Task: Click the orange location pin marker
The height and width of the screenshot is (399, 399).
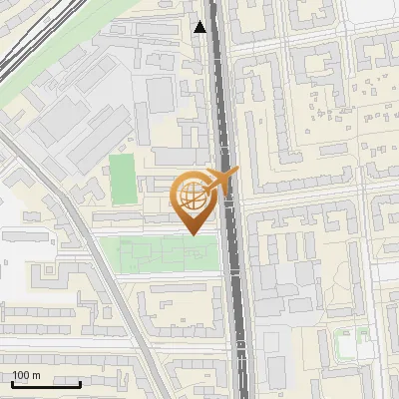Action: (193, 200)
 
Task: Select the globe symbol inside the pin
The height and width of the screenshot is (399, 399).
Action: (193, 196)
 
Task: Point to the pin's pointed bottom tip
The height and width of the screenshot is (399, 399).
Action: (193, 233)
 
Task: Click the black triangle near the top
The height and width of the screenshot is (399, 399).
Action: (201, 27)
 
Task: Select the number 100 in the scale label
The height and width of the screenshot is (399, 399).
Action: (21, 375)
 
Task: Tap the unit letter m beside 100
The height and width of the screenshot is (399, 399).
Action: (35, 375)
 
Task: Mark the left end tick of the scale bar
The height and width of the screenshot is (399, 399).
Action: (11, 383)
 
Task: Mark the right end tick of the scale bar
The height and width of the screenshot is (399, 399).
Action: (80, 383)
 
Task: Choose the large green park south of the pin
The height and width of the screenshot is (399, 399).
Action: (160, 253)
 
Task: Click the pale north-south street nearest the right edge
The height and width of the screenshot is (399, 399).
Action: (360, 249)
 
